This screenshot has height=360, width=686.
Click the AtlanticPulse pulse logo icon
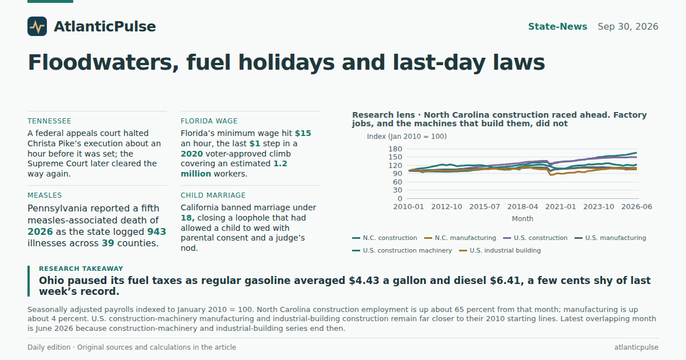pyautogui.click(x=37, y=26)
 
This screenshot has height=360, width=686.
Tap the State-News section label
pyautogui.click(x=558, y=27)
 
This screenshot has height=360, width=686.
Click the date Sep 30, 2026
pyautogui.click(x=628, y=27)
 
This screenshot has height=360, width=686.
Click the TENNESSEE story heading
pyautogui.click(x=49, y=121)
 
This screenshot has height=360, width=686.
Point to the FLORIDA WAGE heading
pyautogui.click(x=209, y=121)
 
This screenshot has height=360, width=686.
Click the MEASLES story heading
pyautogui.click(x=45, y=195)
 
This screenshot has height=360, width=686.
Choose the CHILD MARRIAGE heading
pyautogui.click(x=213, y=195)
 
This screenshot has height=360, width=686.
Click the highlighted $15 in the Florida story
pyautogui.click(x=303, y=134)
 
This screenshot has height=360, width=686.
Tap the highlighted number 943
pyautogui.click(x=157, y=232)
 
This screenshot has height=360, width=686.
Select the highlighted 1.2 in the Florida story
pyautogui.click(x=280, y=164)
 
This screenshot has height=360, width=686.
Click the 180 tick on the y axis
pyautogui.click(x=395, y=149)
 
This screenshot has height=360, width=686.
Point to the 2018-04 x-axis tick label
pyautogui.click(x=523, y=207)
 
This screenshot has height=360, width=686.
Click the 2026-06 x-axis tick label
pyautogui.click(x=636, y=207)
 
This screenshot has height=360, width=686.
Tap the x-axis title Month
pyautogui.click(x=523, y=219)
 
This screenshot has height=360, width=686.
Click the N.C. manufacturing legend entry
pyautogui.click(x=460, y=238)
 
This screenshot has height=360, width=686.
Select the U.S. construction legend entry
pyautogui.click(x=535, y=238)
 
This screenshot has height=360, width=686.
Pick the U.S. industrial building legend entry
pyautogui.click(x=500, y=250)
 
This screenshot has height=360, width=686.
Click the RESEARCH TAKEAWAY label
pyautogui.click(x=81, y=269)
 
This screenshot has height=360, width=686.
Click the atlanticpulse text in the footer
pyautogui.click(x=636, y=347)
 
